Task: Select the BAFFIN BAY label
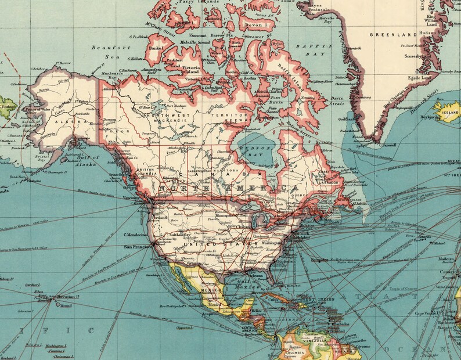tap(315, 49)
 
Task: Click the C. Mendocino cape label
tap(135, 235)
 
